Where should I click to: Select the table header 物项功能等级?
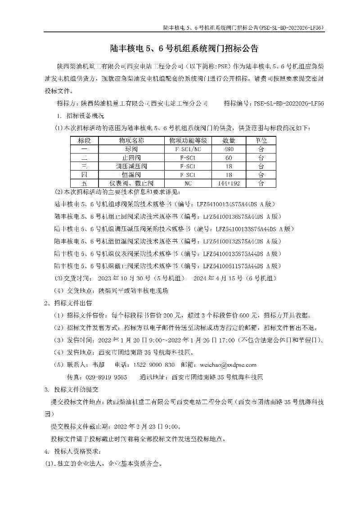185,140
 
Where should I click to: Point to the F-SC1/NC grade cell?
185,149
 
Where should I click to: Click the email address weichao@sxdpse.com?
230,365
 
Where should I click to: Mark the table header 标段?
85,140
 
